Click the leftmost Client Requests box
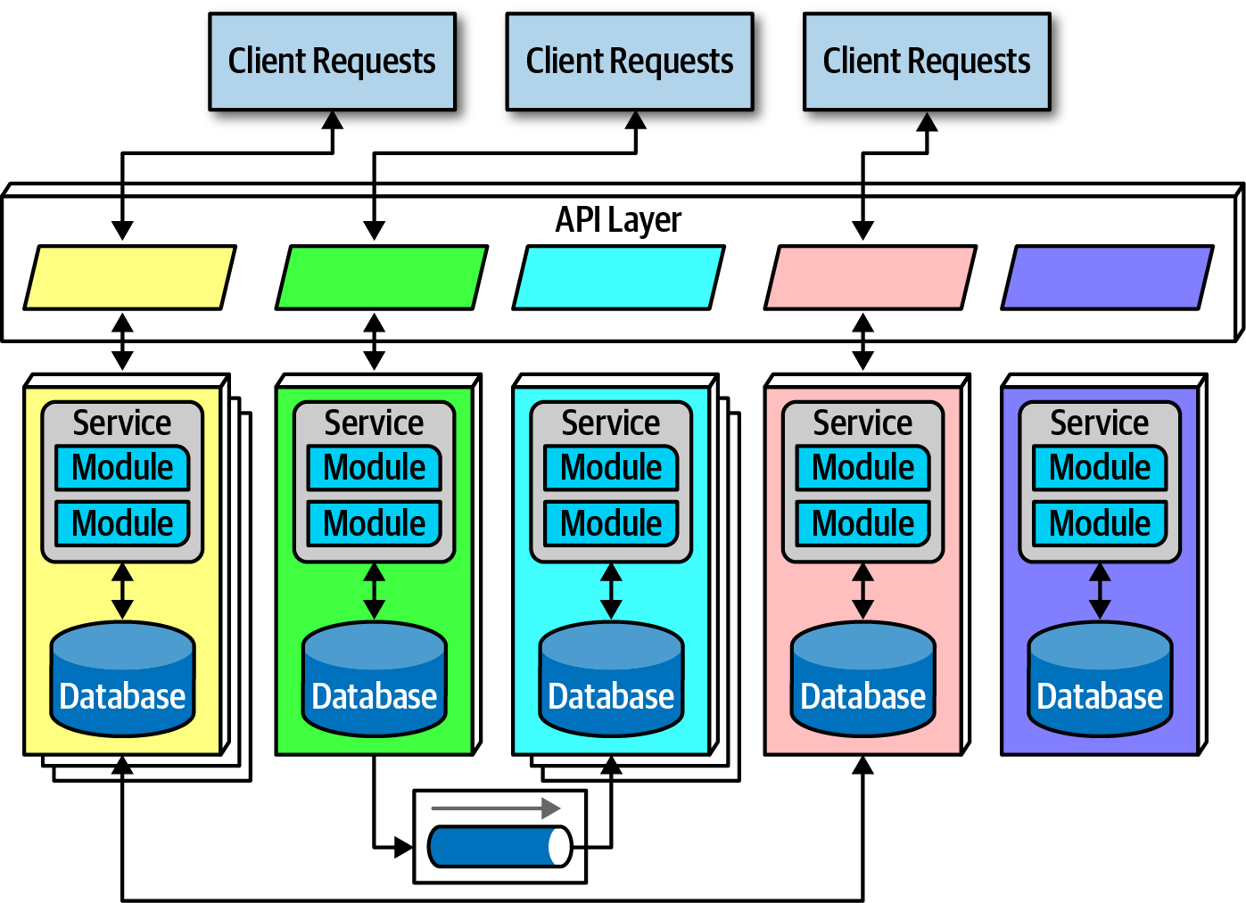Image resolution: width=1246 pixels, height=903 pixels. point(332,62)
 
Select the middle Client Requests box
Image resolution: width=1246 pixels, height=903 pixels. point(629,62)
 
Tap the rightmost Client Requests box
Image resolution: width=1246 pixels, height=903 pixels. point(926,62)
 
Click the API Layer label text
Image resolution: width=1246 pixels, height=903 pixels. point(618,219)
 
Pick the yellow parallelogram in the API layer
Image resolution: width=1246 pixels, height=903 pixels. point(129,277)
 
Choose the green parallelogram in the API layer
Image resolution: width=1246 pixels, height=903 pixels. point(382,277)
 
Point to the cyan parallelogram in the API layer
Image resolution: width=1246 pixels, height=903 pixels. point(618,277)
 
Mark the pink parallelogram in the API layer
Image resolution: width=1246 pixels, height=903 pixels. point(870,277)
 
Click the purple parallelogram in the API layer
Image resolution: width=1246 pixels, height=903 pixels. point(1107,277)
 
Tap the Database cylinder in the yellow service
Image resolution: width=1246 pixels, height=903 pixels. point(122,679)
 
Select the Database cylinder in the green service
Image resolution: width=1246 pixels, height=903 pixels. point(375,679)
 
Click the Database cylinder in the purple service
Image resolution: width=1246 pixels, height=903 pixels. point(1100,679)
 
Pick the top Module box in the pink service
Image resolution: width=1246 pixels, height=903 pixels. point(862,468)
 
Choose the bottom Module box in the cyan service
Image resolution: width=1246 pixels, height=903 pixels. point(611,523)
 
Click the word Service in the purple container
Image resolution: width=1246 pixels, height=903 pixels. point(1100,423)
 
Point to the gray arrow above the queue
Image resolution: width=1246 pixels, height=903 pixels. point(495,809)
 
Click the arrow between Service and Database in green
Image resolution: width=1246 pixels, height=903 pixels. point(375,591)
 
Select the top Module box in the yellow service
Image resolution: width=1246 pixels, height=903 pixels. point(122,468)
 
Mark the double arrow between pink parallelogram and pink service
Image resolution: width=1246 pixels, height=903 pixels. point(862,341)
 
